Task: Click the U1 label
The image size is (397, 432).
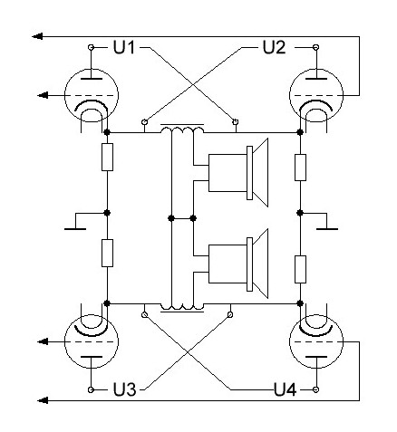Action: (124, 47)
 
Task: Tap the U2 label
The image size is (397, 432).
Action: (274, 47)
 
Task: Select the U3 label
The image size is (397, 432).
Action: (124, 389)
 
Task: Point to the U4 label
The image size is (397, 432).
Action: (285, 389)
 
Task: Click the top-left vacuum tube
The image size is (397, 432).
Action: (92, 95)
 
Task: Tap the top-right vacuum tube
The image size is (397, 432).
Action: (316, 95)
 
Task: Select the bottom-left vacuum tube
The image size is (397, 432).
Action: (92, 341)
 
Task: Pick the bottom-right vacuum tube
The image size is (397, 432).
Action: (316, 341)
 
